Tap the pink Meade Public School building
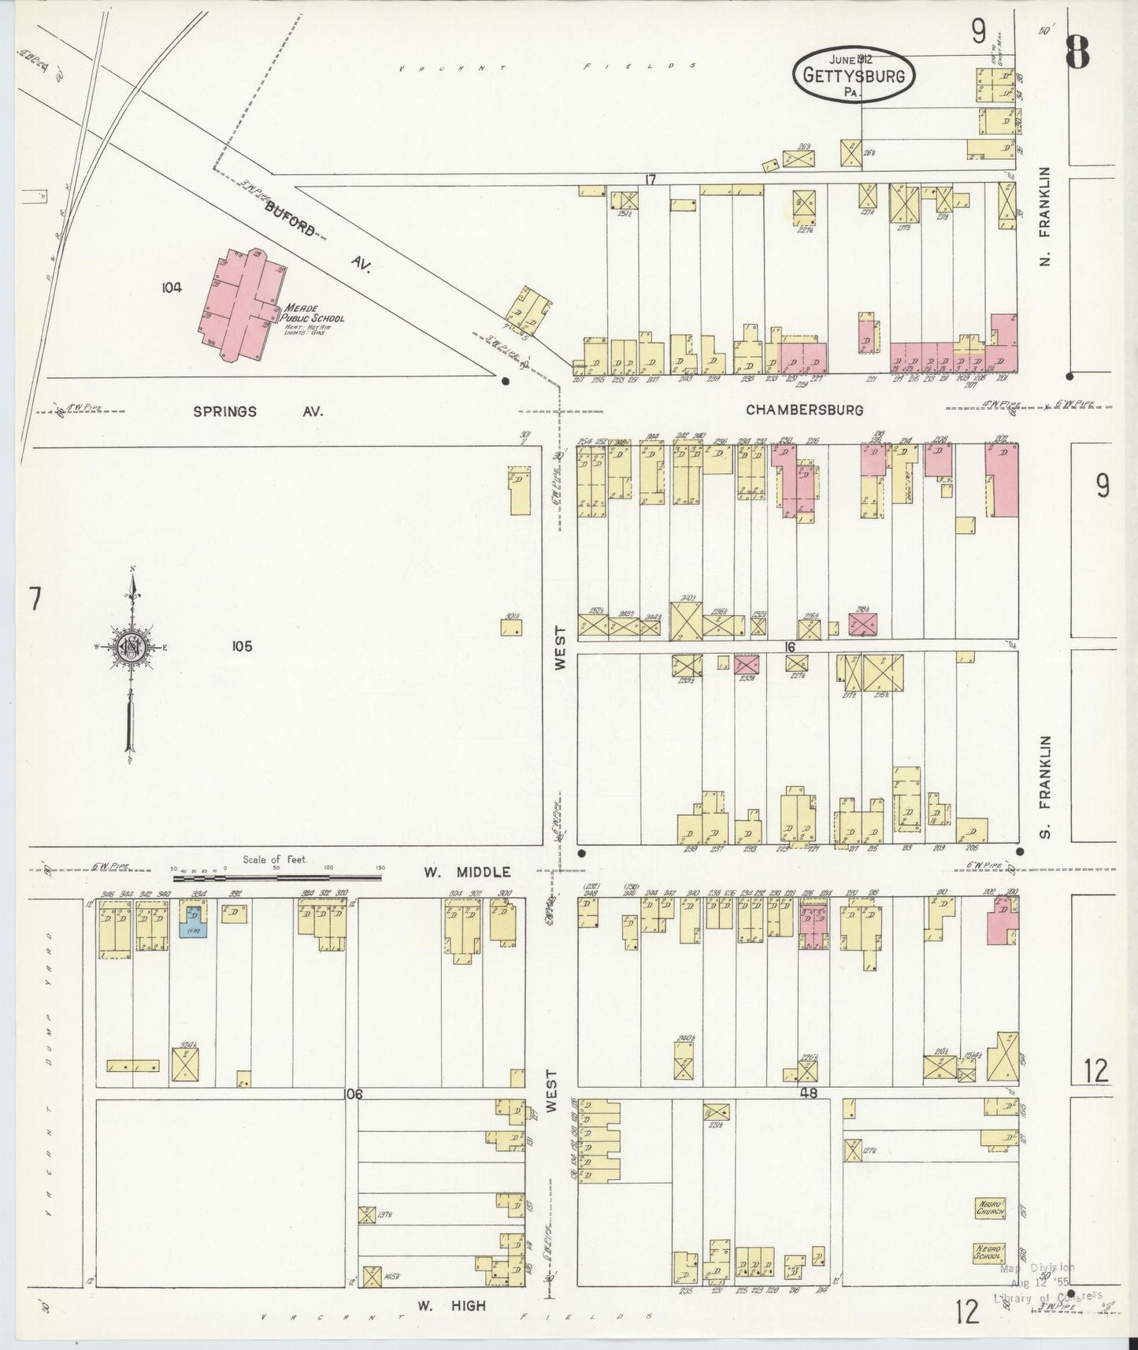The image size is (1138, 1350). point(239,306)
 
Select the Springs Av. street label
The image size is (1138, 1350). point(258,411)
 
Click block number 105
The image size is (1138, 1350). point(241,646)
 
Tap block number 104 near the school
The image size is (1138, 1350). point(171,287)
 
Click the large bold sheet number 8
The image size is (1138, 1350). point(1077,54)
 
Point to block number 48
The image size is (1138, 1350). point(808,1093)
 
